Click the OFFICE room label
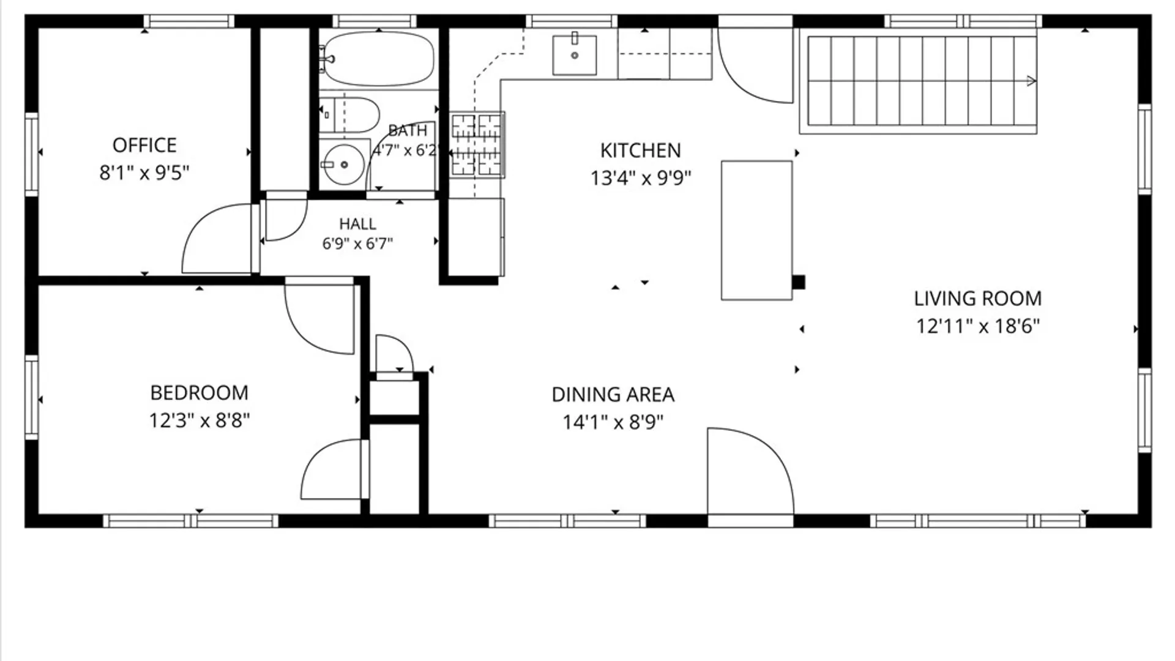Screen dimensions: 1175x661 coord(144,145)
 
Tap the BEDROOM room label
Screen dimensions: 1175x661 coord(200,392)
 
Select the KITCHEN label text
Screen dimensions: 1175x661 coord(640,151)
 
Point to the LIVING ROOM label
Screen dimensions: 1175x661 coord(978,299)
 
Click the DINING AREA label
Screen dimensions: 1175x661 coord(613,395)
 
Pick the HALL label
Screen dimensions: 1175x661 coord(357,224)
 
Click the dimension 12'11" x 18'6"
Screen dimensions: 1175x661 coord(978,326)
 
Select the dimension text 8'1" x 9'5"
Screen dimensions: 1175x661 coord(144,173)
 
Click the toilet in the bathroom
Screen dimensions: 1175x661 coord(349,114)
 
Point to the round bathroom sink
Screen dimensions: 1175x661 coord(344,164)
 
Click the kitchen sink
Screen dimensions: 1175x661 coord(575,55)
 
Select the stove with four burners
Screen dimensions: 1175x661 coord(477,145)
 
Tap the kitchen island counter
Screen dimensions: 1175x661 coord(757,230)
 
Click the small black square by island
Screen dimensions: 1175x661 coord(799,282)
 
